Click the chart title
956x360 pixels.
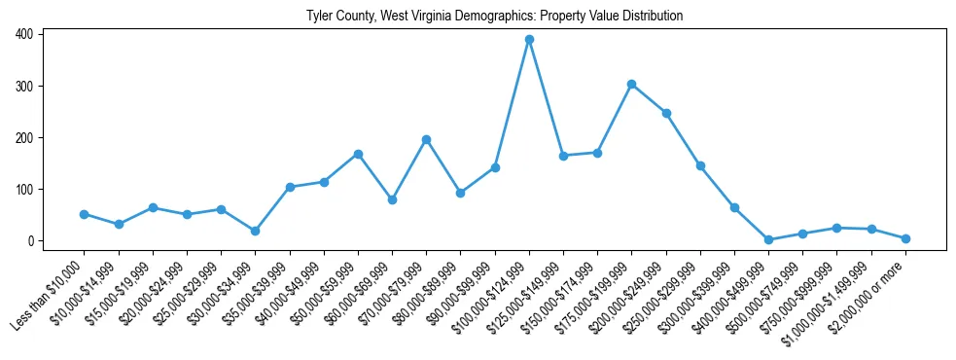click(494, 16)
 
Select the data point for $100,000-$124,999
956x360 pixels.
click(529, 40)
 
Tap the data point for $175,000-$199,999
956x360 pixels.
click(632, 85)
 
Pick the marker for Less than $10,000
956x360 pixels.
click(84, 214)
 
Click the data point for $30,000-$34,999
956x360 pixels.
click(255, 231)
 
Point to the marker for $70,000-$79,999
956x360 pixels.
click(426, 140)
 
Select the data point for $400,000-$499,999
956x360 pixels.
click(768, 239)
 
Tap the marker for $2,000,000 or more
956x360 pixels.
click(905, 238)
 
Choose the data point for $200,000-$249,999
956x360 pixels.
click(666, 113)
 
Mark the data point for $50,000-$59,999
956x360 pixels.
click(358, 154)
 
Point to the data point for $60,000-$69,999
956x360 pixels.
click(392, 199)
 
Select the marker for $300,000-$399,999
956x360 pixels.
click(734, 207)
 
